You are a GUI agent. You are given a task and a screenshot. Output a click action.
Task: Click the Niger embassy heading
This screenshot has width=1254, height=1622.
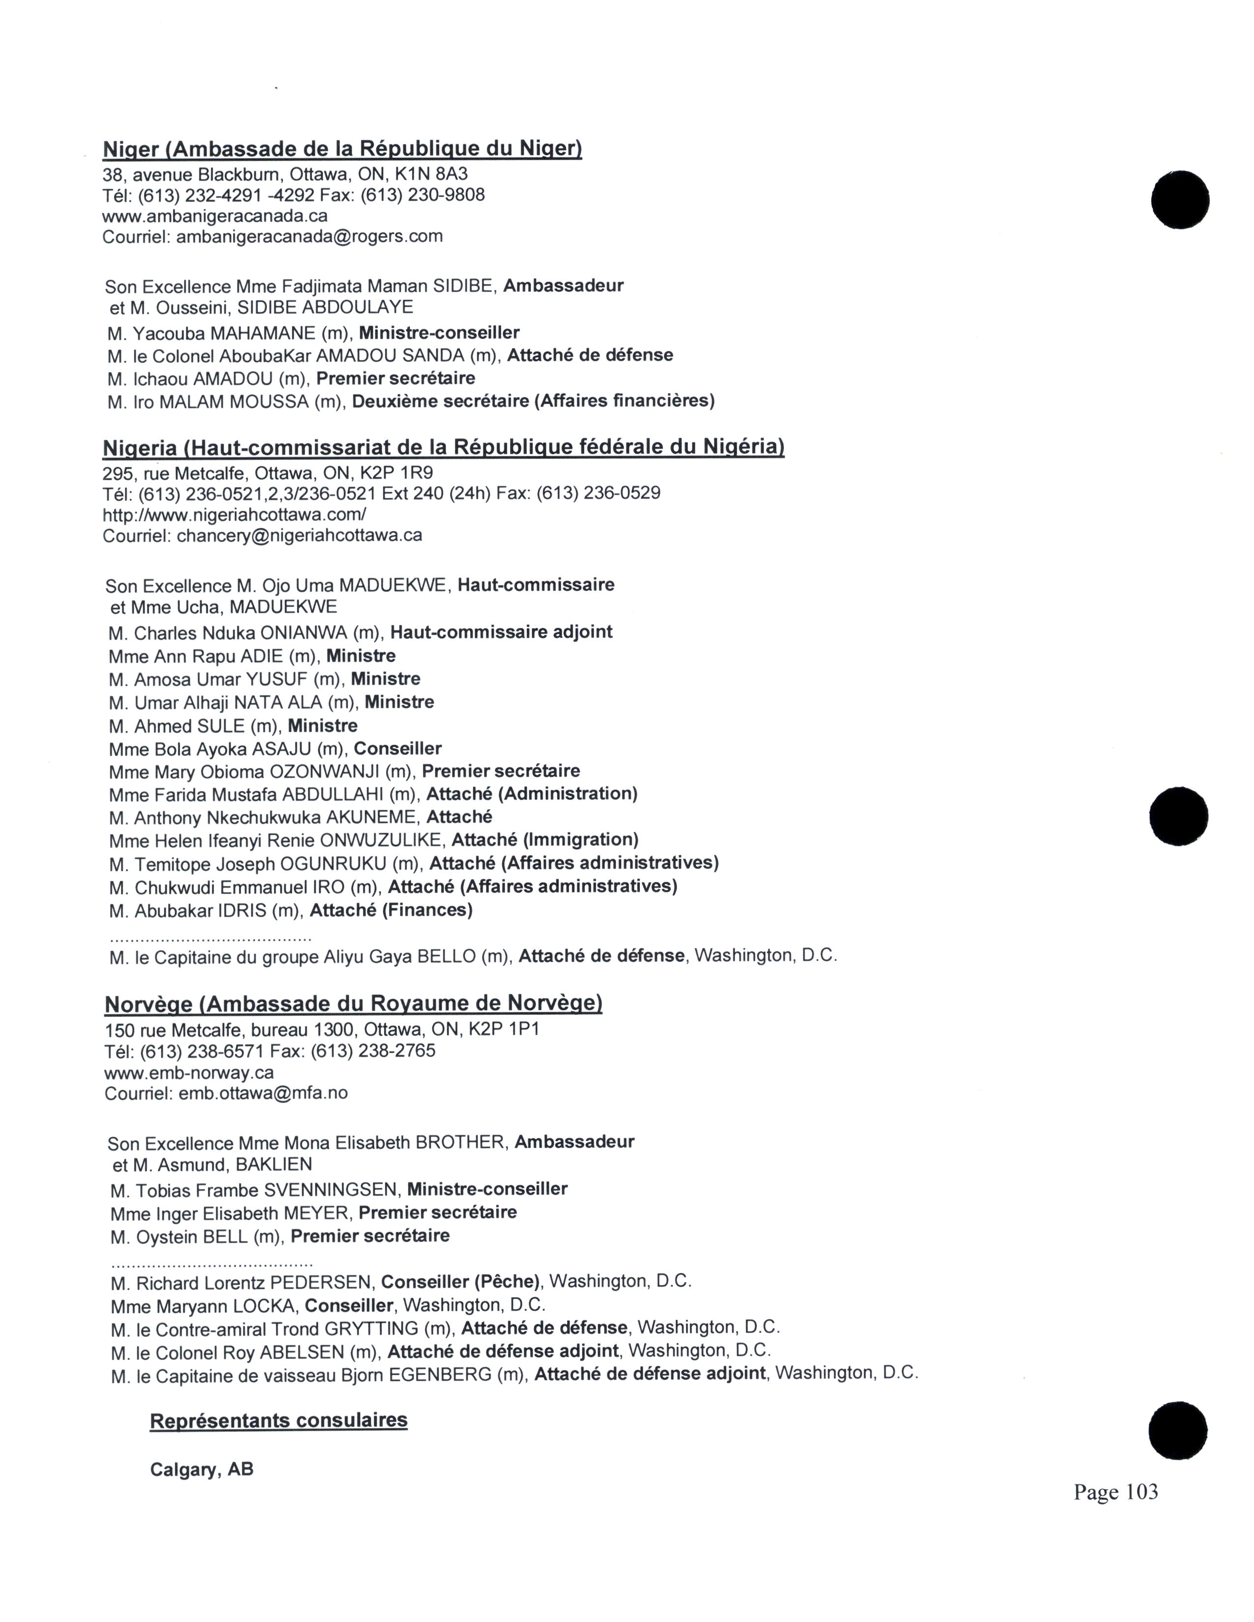pos(342,149)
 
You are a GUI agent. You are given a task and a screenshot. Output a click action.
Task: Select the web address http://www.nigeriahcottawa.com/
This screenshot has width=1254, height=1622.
pos(234,514)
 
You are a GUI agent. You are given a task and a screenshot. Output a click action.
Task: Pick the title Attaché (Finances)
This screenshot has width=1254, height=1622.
pos(391,910)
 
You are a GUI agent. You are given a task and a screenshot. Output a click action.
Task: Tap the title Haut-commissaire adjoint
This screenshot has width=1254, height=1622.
pos(502,632)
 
